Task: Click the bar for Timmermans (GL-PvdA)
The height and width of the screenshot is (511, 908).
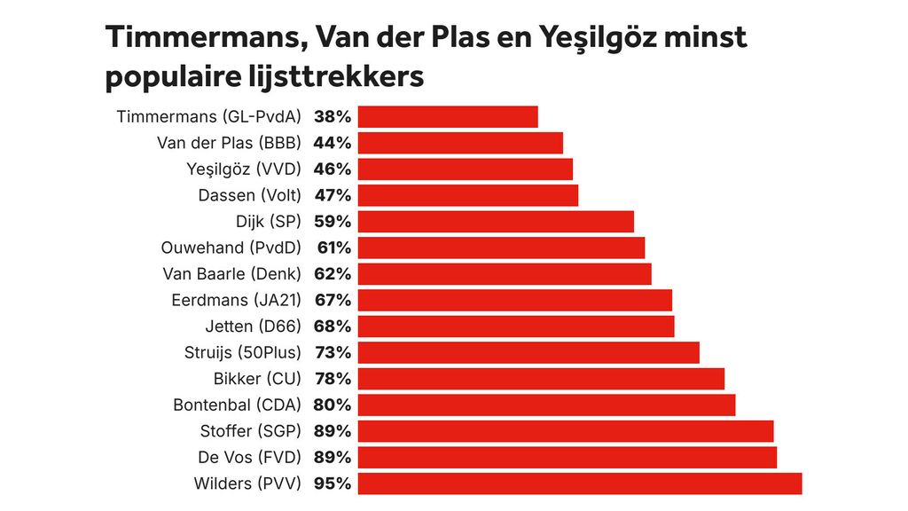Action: click(x=448, y=116)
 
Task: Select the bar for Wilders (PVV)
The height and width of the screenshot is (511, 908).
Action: click(x=580, y=483)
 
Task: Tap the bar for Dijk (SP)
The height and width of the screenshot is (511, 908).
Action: click(x=496, y=222)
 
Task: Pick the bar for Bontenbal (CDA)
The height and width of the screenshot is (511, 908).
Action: click(x=546, y=405)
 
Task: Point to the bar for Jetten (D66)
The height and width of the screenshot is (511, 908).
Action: click(x=516, y=326)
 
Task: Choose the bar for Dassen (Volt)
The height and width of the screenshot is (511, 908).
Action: click(x=468, y=195)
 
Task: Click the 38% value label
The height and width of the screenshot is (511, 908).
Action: click(x=333, y=116)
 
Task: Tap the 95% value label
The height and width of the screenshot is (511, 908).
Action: click(x=333, y=483)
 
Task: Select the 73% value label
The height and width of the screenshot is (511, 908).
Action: click(x=333, y=352)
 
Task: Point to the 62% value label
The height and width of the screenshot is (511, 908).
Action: click(x=333, y=274)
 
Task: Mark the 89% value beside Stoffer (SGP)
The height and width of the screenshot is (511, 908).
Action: click(x=333, y=431)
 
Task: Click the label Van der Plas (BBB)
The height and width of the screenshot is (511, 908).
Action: click(x=229, y=143)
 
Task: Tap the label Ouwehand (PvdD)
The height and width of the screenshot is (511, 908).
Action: click(x=231, y=248)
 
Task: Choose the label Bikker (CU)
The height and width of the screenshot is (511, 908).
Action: click(x=257, y=379)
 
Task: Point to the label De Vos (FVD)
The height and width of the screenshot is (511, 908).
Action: click(x=250, y=458)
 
